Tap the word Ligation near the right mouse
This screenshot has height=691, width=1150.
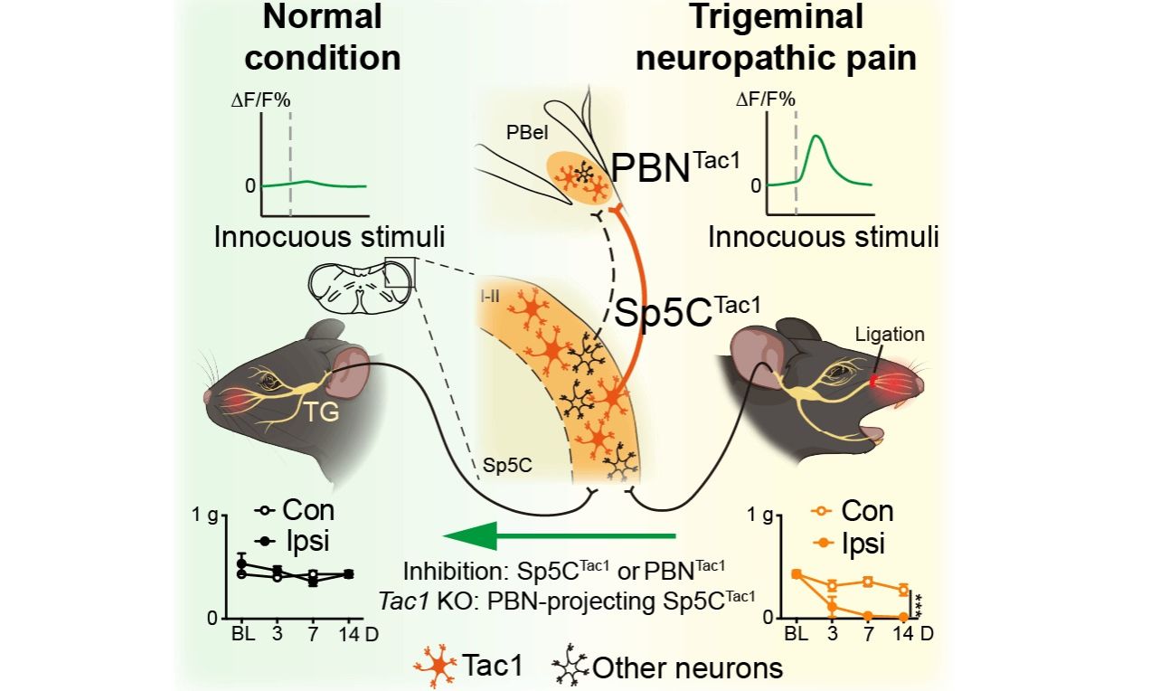892,334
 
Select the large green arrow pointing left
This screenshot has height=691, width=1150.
561,536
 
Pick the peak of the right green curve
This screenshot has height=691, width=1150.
816,137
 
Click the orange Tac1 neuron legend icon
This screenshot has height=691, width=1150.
434,667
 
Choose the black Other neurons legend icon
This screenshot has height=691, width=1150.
569,667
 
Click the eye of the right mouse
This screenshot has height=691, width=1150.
830,369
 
